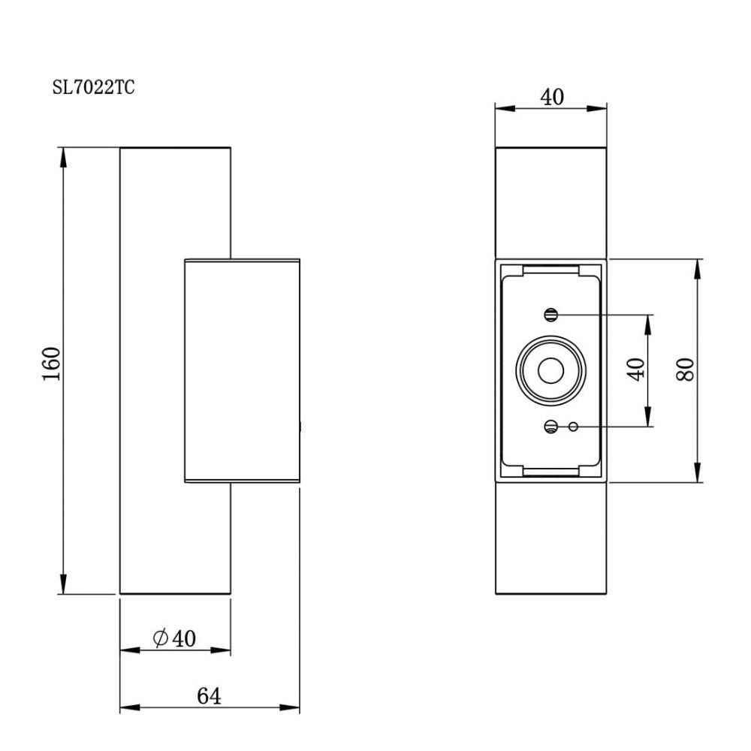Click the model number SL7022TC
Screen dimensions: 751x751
click(93, 88)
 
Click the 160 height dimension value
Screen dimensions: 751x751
click(50, 364)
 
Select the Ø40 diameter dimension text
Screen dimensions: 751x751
click(174, 639)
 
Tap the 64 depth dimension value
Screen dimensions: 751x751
click(209, 697)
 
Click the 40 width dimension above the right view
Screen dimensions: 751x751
click(551, 97)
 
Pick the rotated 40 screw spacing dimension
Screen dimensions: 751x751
click(637, 369)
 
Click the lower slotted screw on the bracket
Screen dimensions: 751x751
click(551, 427)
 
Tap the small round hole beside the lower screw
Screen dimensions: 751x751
click(574, 427)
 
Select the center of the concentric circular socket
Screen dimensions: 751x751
click(551, 370)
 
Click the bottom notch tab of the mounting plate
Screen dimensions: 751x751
click(550, 471)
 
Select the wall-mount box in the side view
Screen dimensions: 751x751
click(242, 370)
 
